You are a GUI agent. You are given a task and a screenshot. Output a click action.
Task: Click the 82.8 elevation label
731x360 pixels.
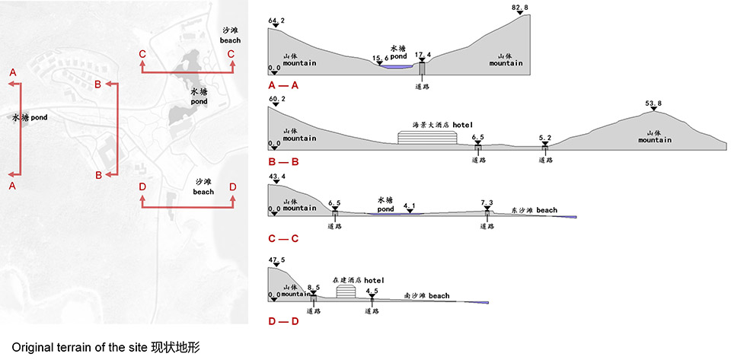pyautogui.click(x=521, y=7)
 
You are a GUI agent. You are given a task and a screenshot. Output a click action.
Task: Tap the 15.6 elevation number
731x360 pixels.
pyautogui.click(x=381, y=58)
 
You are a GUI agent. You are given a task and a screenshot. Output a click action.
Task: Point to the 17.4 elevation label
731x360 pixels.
pyautogui.click(x=423, y=55)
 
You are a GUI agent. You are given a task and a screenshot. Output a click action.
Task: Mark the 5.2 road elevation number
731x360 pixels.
pyautogui.click(x=545, y=138)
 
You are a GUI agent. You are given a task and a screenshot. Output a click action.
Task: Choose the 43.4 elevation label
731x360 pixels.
pyautogui.click(x=276, y=177)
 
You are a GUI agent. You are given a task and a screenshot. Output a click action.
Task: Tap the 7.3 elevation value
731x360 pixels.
pyautogui.click(x=488, y=202)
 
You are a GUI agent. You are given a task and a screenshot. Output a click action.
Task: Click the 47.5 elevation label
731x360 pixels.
pyautogui.click(x=276, y=260)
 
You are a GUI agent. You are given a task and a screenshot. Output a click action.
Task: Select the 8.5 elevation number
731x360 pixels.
pyautogui.click(x=314, y=286)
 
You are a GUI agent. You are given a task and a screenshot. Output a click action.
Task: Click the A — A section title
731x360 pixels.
pyautogui.click(x=279, y=86)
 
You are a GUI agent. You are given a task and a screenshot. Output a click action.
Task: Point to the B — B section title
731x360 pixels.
pyautogui.click(x=279, y=161)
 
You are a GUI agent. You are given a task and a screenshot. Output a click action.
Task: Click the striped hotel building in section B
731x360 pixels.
pyautogui.click(x=428, y=137)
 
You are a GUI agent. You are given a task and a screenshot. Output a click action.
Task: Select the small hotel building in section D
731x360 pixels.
pyautogui.click(x=346, y=292)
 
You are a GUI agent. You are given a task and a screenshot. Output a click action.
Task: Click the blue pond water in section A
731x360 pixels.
pyautogui.click(x=394, y=67)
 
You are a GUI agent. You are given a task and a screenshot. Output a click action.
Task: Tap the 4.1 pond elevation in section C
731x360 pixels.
pyautogui.click(x=410, y=205)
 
